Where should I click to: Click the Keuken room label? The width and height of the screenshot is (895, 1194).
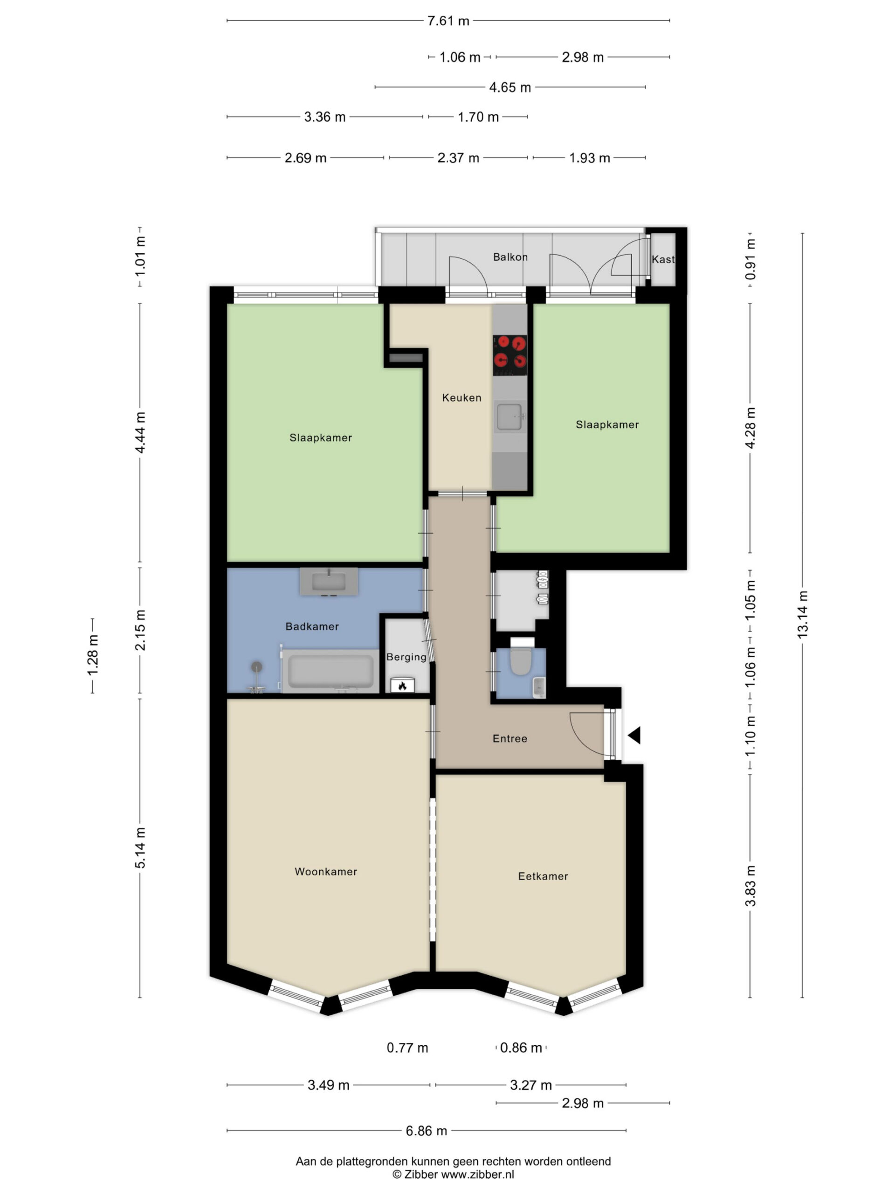tap(461, 398)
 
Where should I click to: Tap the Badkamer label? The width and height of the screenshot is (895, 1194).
tap(312, 626)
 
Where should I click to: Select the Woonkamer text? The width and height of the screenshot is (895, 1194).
tap(326, 871)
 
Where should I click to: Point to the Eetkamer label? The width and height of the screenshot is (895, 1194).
tap(543, 876)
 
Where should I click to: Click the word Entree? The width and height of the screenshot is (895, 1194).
tap(510, 738)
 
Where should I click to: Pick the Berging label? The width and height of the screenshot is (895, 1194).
tap(406, 657)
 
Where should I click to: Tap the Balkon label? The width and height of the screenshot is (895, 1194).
tap(510, 257)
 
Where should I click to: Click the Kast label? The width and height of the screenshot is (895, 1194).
tap(663, 259)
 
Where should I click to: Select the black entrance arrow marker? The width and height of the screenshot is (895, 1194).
tap(634, 735)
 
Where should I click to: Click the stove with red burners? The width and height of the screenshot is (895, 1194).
tap(510, 355)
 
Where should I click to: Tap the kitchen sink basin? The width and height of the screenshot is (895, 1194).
tap(509, 417)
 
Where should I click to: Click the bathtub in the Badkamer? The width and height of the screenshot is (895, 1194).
tap(330, 670)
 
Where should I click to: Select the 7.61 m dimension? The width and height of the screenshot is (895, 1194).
tap(448, 21)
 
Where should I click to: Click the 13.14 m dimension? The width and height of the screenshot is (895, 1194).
tap(803, 615)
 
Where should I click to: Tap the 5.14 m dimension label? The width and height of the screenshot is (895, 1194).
tap(140, 848)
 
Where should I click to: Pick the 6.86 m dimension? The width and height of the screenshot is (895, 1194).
tap(426, 1130)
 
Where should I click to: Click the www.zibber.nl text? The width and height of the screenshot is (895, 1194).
tap(477, 1174)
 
